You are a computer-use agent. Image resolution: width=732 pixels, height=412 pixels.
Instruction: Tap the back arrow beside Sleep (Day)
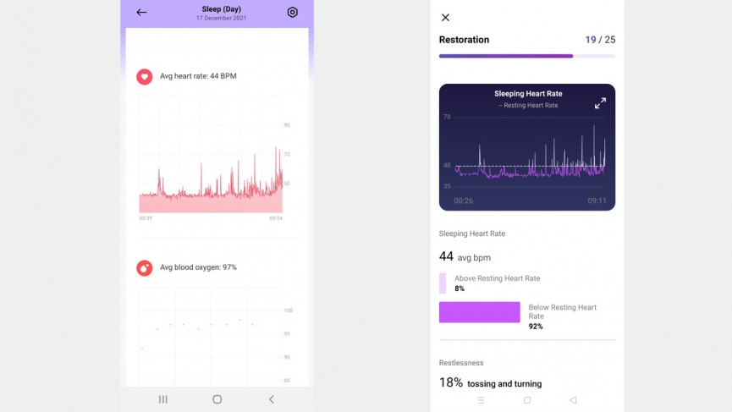[x=141, y=13]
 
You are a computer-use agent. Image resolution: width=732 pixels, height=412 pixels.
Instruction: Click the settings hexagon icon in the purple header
[x=293, y=13]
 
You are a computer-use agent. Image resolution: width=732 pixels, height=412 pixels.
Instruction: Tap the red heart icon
[x=145, y=76]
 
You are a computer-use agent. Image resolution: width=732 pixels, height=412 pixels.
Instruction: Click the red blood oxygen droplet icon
[x=145, y=267]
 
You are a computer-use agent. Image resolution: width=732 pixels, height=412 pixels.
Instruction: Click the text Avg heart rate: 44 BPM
[x=198, y=76]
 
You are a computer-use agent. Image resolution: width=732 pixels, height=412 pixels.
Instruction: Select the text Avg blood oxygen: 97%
[x=198, y=267]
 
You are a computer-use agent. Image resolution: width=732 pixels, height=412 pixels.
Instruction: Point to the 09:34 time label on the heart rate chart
[x=276, y=218]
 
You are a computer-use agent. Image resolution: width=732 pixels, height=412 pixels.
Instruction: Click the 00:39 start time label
[x=146, y=218]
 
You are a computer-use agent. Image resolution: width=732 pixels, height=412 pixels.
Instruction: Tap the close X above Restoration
[x=446, y=18]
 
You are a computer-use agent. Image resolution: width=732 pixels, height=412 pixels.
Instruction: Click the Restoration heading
[x=464, y=40]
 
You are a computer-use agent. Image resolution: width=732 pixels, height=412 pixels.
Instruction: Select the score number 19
[x=591, y=40]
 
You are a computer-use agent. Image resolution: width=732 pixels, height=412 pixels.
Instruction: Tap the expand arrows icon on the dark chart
[x=600, y=103]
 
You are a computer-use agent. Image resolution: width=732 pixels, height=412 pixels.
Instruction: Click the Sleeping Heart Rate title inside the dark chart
[x=528, y=94]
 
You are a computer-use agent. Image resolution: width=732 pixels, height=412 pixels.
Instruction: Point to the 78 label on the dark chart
[x=447, y=117]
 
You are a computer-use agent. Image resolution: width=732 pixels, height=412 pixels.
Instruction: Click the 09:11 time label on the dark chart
[x=597, y=201]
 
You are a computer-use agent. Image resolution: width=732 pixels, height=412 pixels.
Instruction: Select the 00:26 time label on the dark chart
[x=463, y=201]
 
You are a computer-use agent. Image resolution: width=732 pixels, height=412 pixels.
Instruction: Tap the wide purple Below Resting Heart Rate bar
[x=479, y=312]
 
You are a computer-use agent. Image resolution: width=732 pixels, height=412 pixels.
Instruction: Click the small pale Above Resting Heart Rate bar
[x=443, y=283]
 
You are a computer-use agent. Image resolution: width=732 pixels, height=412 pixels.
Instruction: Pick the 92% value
[x=536, y=327]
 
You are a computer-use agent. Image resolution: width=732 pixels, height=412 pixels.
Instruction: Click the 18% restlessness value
[x=451, y=382]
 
